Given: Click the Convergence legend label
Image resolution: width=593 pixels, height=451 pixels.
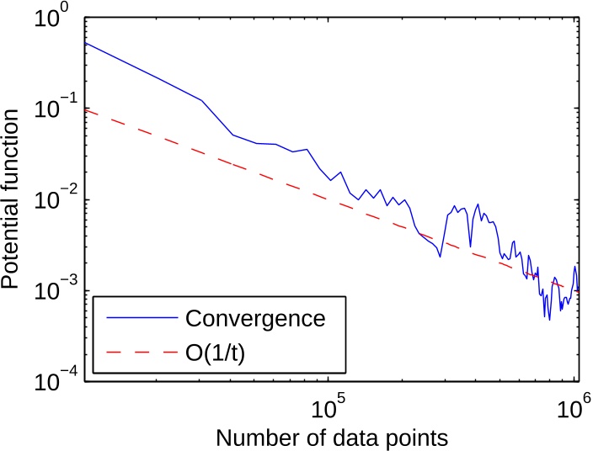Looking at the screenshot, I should coord(254,319).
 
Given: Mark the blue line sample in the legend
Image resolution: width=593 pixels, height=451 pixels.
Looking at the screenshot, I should coord(138,320).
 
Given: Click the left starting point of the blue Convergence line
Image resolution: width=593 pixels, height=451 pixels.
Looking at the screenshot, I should coord(87,43).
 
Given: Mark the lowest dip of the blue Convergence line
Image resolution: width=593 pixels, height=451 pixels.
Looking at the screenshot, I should coord(548,318).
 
